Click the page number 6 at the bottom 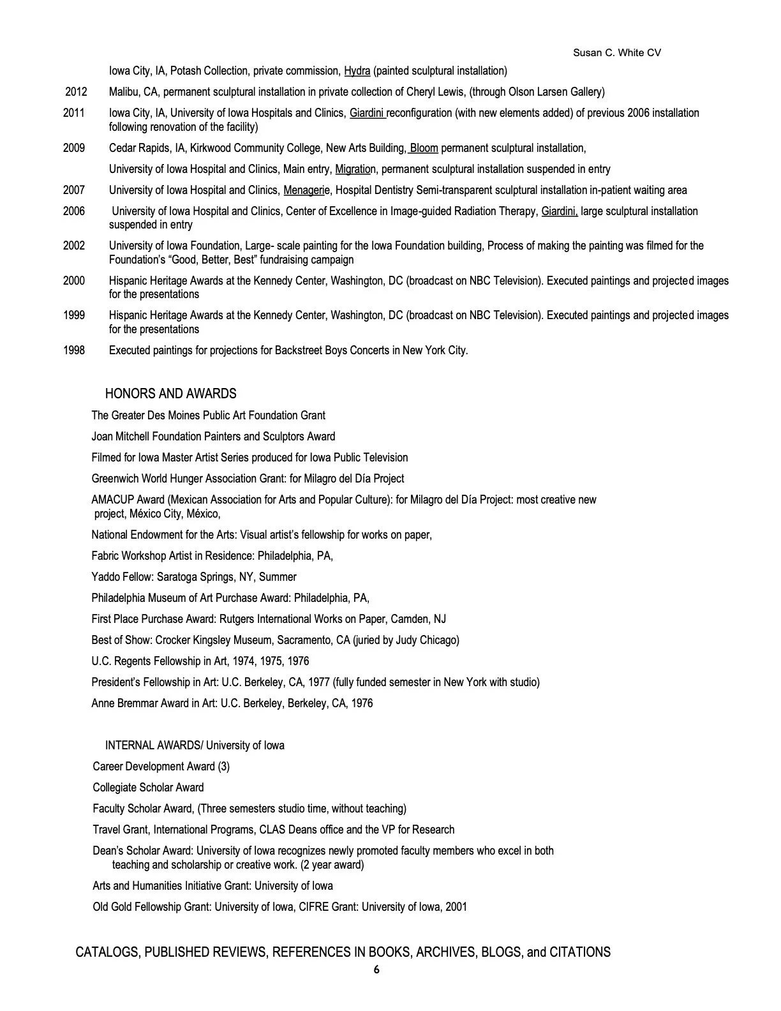pos(376,970)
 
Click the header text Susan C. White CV pos(617,52)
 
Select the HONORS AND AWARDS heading pos(170,394)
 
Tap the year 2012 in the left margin pos(75,92)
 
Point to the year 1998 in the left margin pos(74,350)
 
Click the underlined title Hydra pos(357,71)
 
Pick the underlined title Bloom pos(424,148)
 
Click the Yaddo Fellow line pos(194,577)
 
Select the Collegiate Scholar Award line pos(148,788)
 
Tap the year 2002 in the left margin pos(74,246)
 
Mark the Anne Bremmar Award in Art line pos(232,703)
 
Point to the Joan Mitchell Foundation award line pos(213,437)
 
